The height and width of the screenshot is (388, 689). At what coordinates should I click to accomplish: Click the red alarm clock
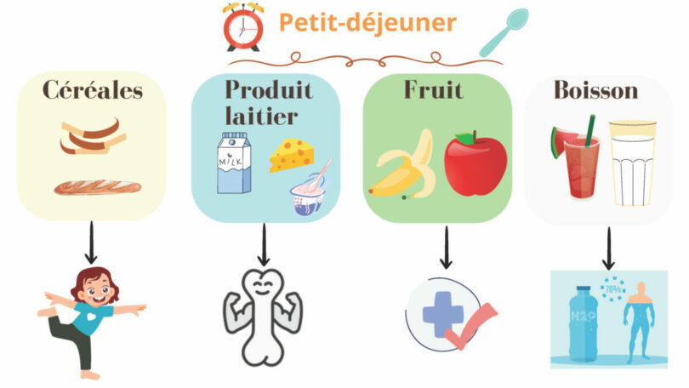click(x=242, y=26)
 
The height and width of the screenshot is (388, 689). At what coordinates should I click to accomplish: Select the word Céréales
click(x=94, y=90)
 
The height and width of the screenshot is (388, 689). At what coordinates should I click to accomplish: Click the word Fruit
click(x=434, y=88)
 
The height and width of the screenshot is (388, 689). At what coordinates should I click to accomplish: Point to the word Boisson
click(x=595, y=90)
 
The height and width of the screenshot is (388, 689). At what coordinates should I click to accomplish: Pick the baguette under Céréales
click(x=92, y=186)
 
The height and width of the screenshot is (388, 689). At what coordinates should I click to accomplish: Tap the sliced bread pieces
click(x=92, y=136)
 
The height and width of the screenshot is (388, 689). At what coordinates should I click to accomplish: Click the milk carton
click(x=233, y=163)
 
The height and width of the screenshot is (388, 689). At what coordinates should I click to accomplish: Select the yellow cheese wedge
click(x=290, y=156)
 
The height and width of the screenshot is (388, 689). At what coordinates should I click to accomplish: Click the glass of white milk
click(x=633, y=163)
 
